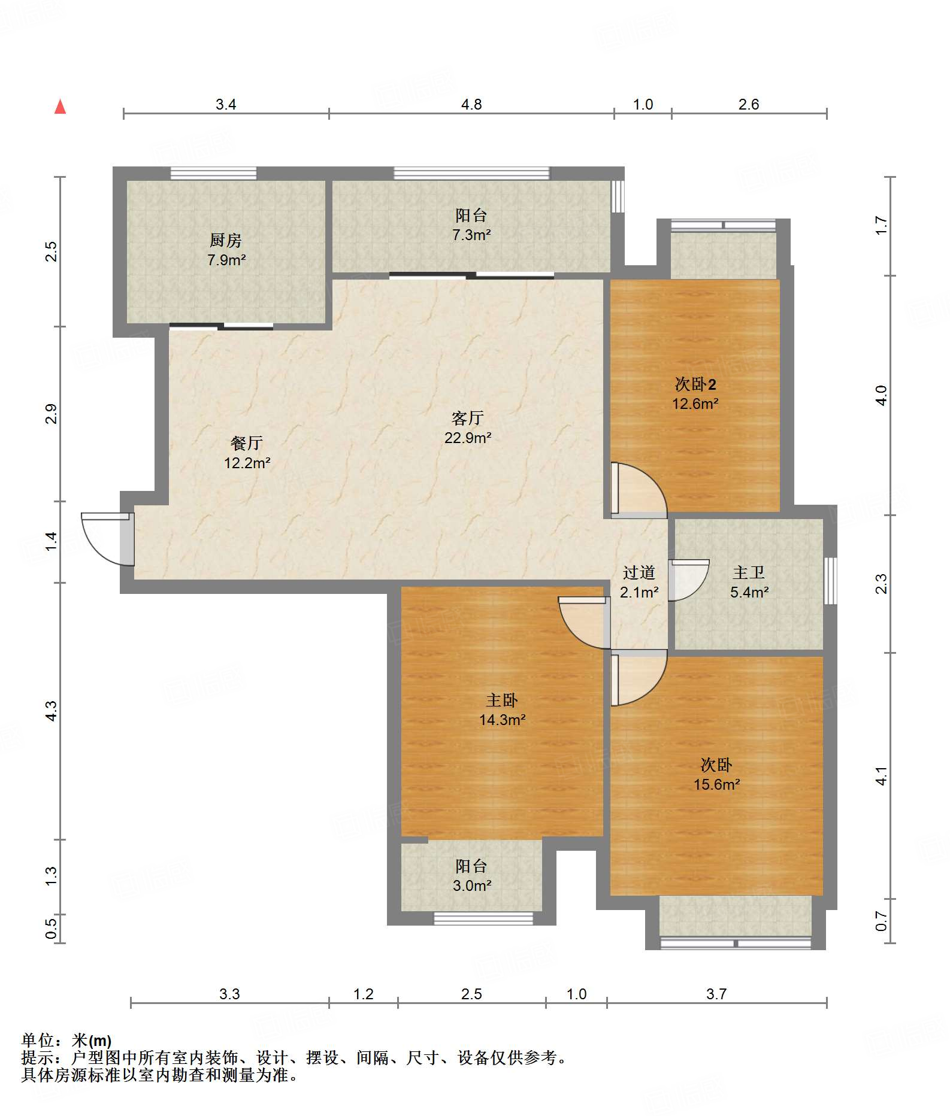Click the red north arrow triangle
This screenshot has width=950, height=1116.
(x=60, y=107)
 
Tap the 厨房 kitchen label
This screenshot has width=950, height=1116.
(x=226, y=240)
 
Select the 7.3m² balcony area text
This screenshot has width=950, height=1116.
(x=471, y=235)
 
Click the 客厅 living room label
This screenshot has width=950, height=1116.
(x=468, y=417)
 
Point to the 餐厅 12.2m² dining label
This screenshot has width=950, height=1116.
(x=247, y=453)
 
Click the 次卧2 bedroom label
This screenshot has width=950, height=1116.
(x=695, y=384)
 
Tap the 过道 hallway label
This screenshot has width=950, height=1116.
(x=639, y=572)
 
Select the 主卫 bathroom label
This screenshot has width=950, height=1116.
(x=749, y=572)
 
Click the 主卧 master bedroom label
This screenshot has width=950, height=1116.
(x=502, y=700)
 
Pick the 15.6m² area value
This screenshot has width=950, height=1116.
(x=717, y=784)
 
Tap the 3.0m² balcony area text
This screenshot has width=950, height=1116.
(x=472, y=885)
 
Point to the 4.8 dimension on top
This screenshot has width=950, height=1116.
(x=471, y=105)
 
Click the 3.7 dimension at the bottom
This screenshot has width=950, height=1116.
(x=716, y=994)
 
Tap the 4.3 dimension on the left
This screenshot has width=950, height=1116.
(x=52, y=711)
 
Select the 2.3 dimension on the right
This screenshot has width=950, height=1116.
(x=881, y=584)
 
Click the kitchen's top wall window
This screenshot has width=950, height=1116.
(x=214, y=173)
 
